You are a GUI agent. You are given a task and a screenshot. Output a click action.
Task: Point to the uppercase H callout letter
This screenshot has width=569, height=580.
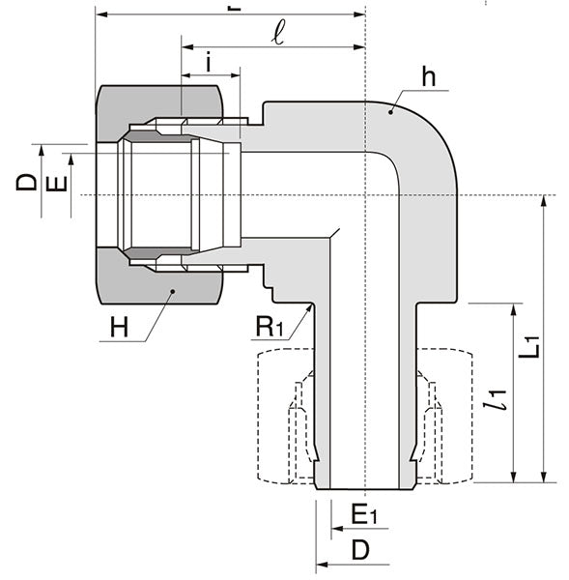coord(118,327)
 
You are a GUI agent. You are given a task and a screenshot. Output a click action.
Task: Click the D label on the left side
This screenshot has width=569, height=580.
coord(27,182)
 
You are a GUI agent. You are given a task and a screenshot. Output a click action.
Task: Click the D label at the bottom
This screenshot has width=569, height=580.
coord(359,551)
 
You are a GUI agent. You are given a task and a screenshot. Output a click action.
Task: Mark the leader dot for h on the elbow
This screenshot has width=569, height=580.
coord(390,113)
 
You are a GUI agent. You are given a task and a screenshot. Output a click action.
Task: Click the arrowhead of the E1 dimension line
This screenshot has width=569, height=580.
coord(334,529)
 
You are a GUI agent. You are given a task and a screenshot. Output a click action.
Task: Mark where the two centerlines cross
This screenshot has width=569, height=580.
coord(366,195)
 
